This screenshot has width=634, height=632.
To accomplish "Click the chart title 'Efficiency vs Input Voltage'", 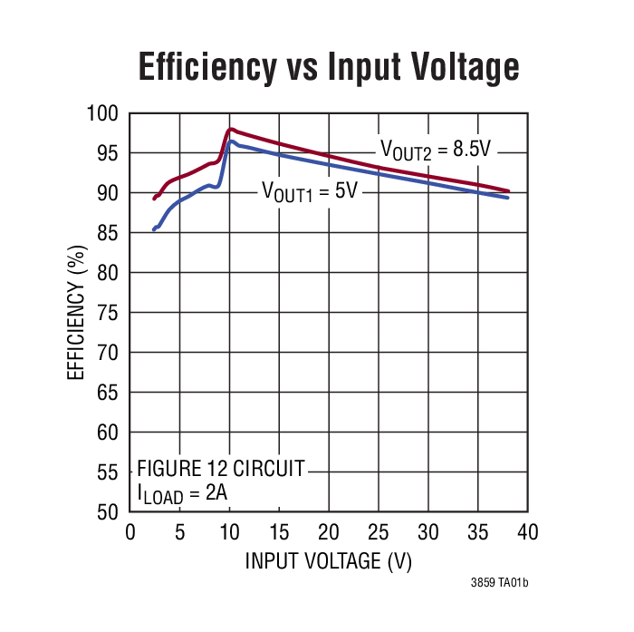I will tap(328, 67).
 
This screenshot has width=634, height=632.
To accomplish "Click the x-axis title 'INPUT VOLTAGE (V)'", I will tap(328, 561).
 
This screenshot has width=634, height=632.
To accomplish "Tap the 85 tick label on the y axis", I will tap(109, 233).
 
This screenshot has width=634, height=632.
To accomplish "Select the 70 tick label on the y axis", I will tap(109, 353).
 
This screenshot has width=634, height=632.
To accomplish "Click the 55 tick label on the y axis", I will tap(109, 472).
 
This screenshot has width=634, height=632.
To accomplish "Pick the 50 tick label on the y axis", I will tap(109, 512).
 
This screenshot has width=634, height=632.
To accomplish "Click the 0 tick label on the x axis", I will tap(130, 531).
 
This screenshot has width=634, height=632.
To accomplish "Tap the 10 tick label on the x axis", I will tap(229, 531).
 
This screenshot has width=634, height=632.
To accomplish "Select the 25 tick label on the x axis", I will tap(378, 531).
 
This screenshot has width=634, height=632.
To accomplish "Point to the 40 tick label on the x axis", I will tap(527, 531).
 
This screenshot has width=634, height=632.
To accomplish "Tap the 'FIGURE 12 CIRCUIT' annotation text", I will tap(220, 469).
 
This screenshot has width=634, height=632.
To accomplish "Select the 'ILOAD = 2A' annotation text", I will tap(182, 494).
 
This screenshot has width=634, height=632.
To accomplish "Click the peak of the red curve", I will tap(230, 129).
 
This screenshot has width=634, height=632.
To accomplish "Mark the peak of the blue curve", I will tap(231, 141).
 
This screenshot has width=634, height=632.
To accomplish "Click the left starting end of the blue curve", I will tap(154, 229).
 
